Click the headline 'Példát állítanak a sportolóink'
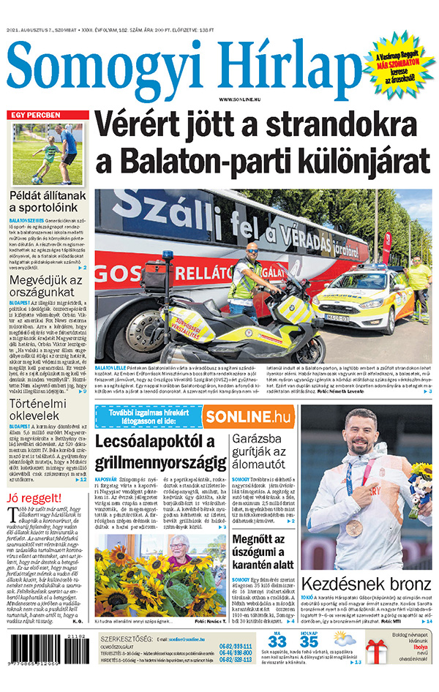[x=48, y=203]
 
